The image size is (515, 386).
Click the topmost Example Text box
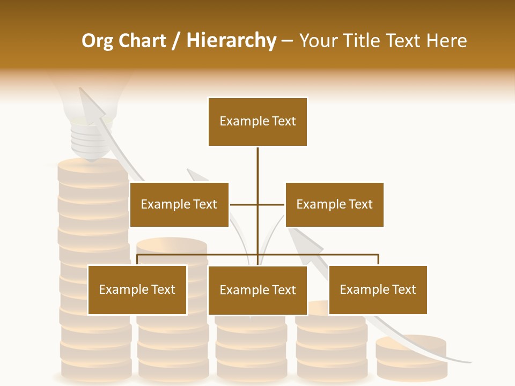[257, 122]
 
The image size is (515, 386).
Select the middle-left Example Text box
[179, 204]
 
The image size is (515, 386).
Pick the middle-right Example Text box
[334, 204]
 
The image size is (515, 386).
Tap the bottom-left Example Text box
[137, 290]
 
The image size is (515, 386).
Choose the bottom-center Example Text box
[257, 290]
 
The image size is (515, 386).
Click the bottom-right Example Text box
[378, 290]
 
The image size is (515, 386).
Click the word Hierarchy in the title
[231, 41]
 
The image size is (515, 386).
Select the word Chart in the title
[144, 41]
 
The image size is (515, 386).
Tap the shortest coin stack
[411, 357]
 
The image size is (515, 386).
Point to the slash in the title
[175, 41]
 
